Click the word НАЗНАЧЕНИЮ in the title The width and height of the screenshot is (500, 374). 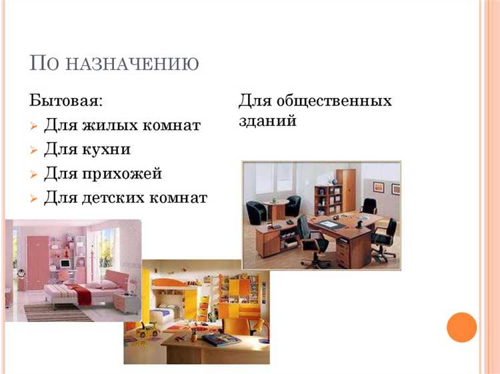click(133, 64)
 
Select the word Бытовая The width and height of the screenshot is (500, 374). click(66, 101)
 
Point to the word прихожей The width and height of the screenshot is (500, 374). click(122, 173)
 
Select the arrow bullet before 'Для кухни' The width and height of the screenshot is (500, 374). click(35, 150)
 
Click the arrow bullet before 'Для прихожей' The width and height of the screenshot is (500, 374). click(35, 175)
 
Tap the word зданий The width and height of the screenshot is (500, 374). click(267, 122)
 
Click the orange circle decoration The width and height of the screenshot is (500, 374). click(462, 327)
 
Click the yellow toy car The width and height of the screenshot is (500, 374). click(147, 329)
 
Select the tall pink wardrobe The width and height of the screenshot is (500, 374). click(37, 257)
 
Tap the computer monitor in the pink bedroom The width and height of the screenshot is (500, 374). click(65, 263)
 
